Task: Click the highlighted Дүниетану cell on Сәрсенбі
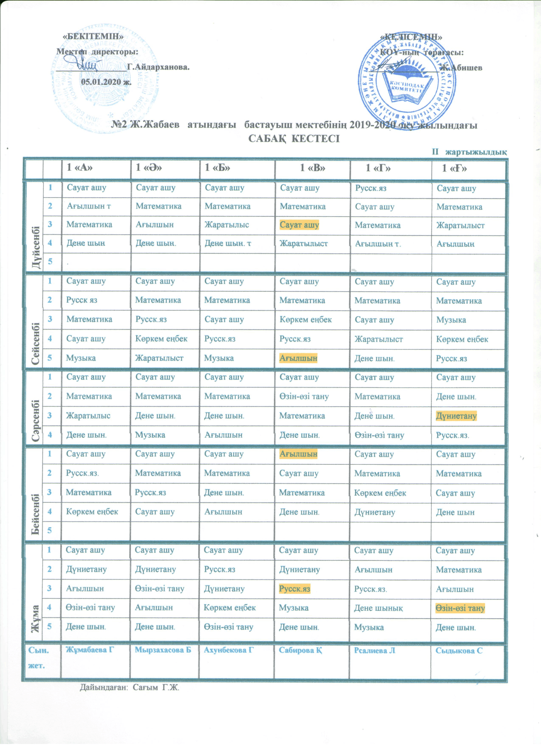[x=456, y=416]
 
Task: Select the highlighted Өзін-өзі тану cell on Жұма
[x=460, y=608]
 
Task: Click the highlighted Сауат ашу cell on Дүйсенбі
[x=299, y=225]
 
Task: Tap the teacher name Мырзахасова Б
[x=163, y=650]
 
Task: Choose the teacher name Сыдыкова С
[x=459, y=651]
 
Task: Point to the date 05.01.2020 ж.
[x=106, y=82]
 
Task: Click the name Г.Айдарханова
[x=158, y=67]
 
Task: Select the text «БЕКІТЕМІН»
[x=93, y=36]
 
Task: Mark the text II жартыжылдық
[x=469, y=152]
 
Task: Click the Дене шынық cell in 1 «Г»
[x=378, y=608]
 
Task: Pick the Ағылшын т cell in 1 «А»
[x=89, y=206]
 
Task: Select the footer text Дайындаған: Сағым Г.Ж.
[x=130, y=687]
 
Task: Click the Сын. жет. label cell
[x=38, y=658]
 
